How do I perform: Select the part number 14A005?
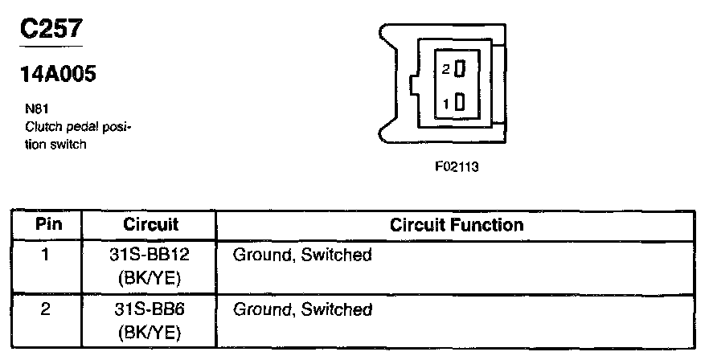click(59, 75)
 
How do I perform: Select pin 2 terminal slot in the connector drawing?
click(461, 70)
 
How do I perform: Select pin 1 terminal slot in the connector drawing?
click(461, 103)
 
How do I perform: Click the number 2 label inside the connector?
click(446, 70)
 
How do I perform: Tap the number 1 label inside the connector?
click(446, 103)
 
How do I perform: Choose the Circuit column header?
click(151, 224)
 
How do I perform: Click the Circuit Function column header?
click(456, 224)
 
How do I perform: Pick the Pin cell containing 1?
click(47, 255)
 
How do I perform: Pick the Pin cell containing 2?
click(47, 309)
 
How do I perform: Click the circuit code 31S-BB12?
click(151, 255)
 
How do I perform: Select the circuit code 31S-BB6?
click(151, 309)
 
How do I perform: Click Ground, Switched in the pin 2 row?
click(302, 309)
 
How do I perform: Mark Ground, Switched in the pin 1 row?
click(302, 255)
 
